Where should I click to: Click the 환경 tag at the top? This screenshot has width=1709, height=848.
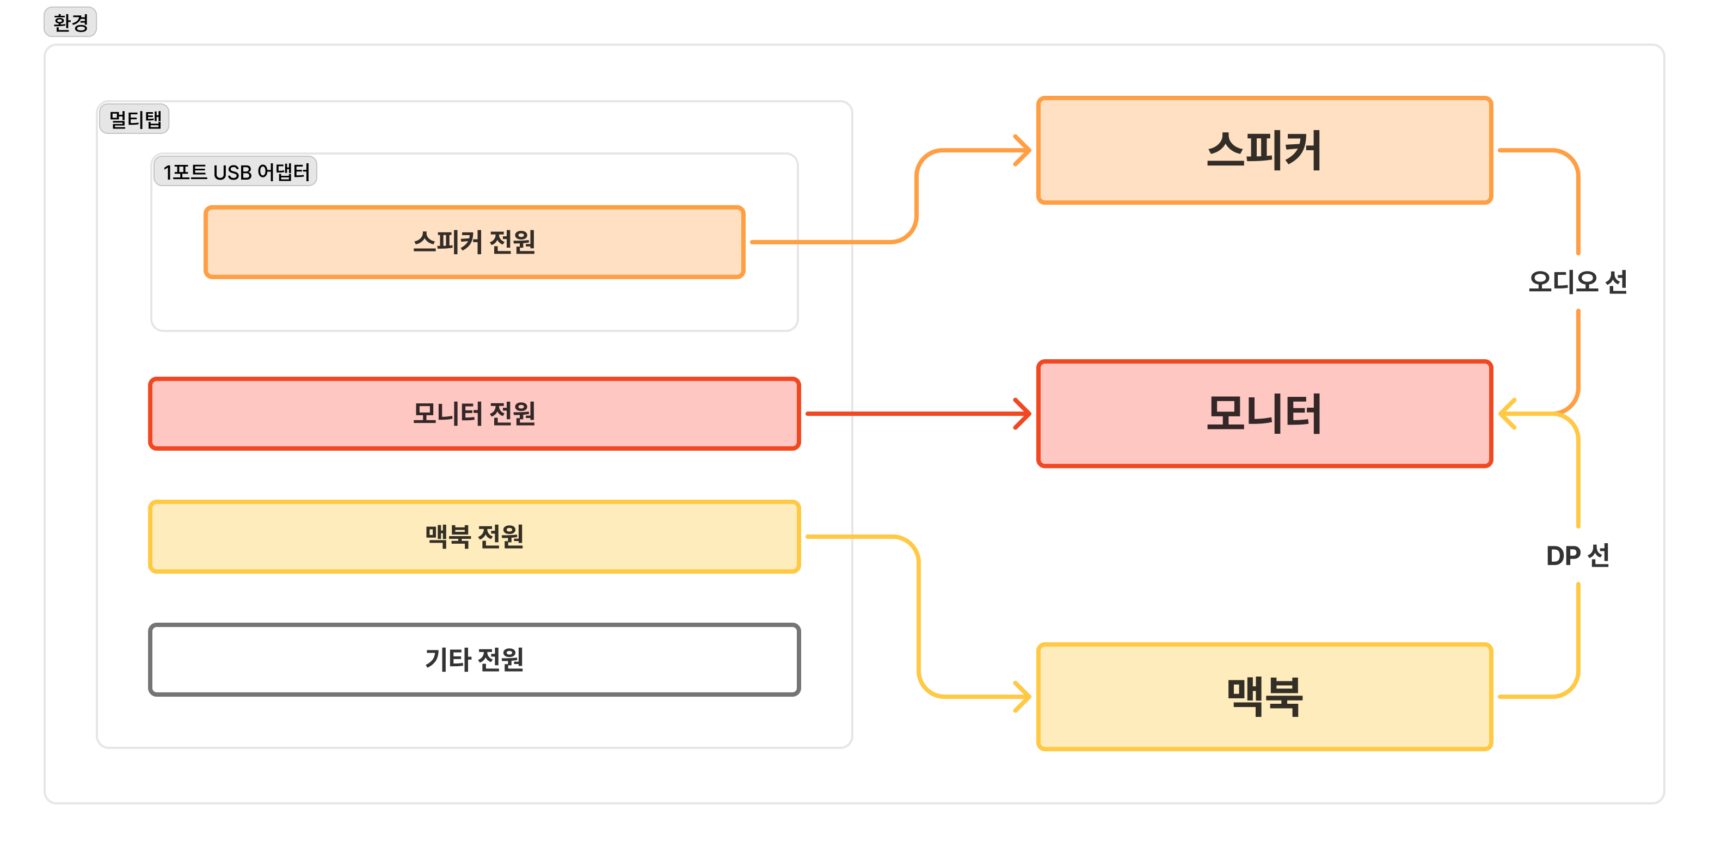70,22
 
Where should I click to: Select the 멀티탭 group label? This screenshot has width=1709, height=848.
134,119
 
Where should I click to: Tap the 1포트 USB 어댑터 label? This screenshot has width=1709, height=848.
236,172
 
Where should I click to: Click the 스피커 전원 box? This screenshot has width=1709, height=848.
475,242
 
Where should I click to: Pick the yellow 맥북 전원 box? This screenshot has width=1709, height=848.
475,537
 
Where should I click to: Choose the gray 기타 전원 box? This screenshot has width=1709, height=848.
475,660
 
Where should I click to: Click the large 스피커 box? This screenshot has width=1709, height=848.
1264,151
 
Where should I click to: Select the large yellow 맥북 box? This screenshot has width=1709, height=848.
1264,697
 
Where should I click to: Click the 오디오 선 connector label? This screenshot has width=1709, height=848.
1578,282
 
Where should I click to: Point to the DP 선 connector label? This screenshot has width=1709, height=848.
1578,555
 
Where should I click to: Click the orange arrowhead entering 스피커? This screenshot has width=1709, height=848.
1024,151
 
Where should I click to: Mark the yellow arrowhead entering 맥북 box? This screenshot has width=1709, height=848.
1024,697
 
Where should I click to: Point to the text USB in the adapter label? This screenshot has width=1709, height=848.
232,173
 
